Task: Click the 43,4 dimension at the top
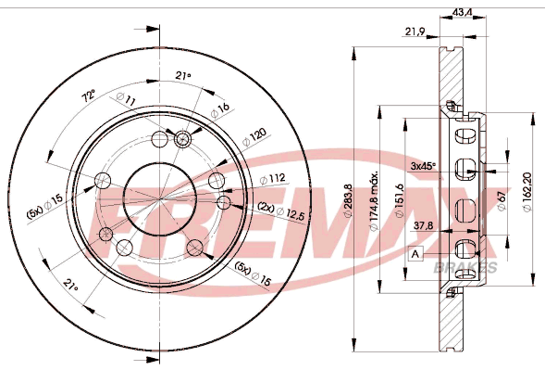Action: tap(462, 12)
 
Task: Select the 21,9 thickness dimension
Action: tap(415, 32)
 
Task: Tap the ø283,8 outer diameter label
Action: tap(349, 202)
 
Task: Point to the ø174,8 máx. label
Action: tap(374, 201)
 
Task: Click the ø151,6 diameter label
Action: tap(400, 200)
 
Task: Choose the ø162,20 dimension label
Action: tap(526, 192)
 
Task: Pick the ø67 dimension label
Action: tap(502, 200)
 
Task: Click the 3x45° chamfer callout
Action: tap(424, 166)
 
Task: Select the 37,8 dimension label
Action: tap(424, 225)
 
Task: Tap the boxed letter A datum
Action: tap(415, 254)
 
